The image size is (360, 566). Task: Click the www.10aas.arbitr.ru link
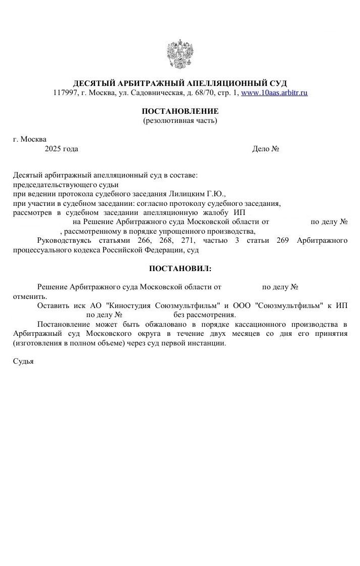coord(274,93)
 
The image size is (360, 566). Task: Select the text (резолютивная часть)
coord(180,120)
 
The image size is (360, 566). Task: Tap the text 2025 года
coord(61,149)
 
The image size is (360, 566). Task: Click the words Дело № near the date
coord(265,149)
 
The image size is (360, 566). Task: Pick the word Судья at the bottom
coord(23,362)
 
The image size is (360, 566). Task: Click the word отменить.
coord(29,296)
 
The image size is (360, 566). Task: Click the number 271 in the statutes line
coord(188,240)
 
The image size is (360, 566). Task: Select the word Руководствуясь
coord(62,240)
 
